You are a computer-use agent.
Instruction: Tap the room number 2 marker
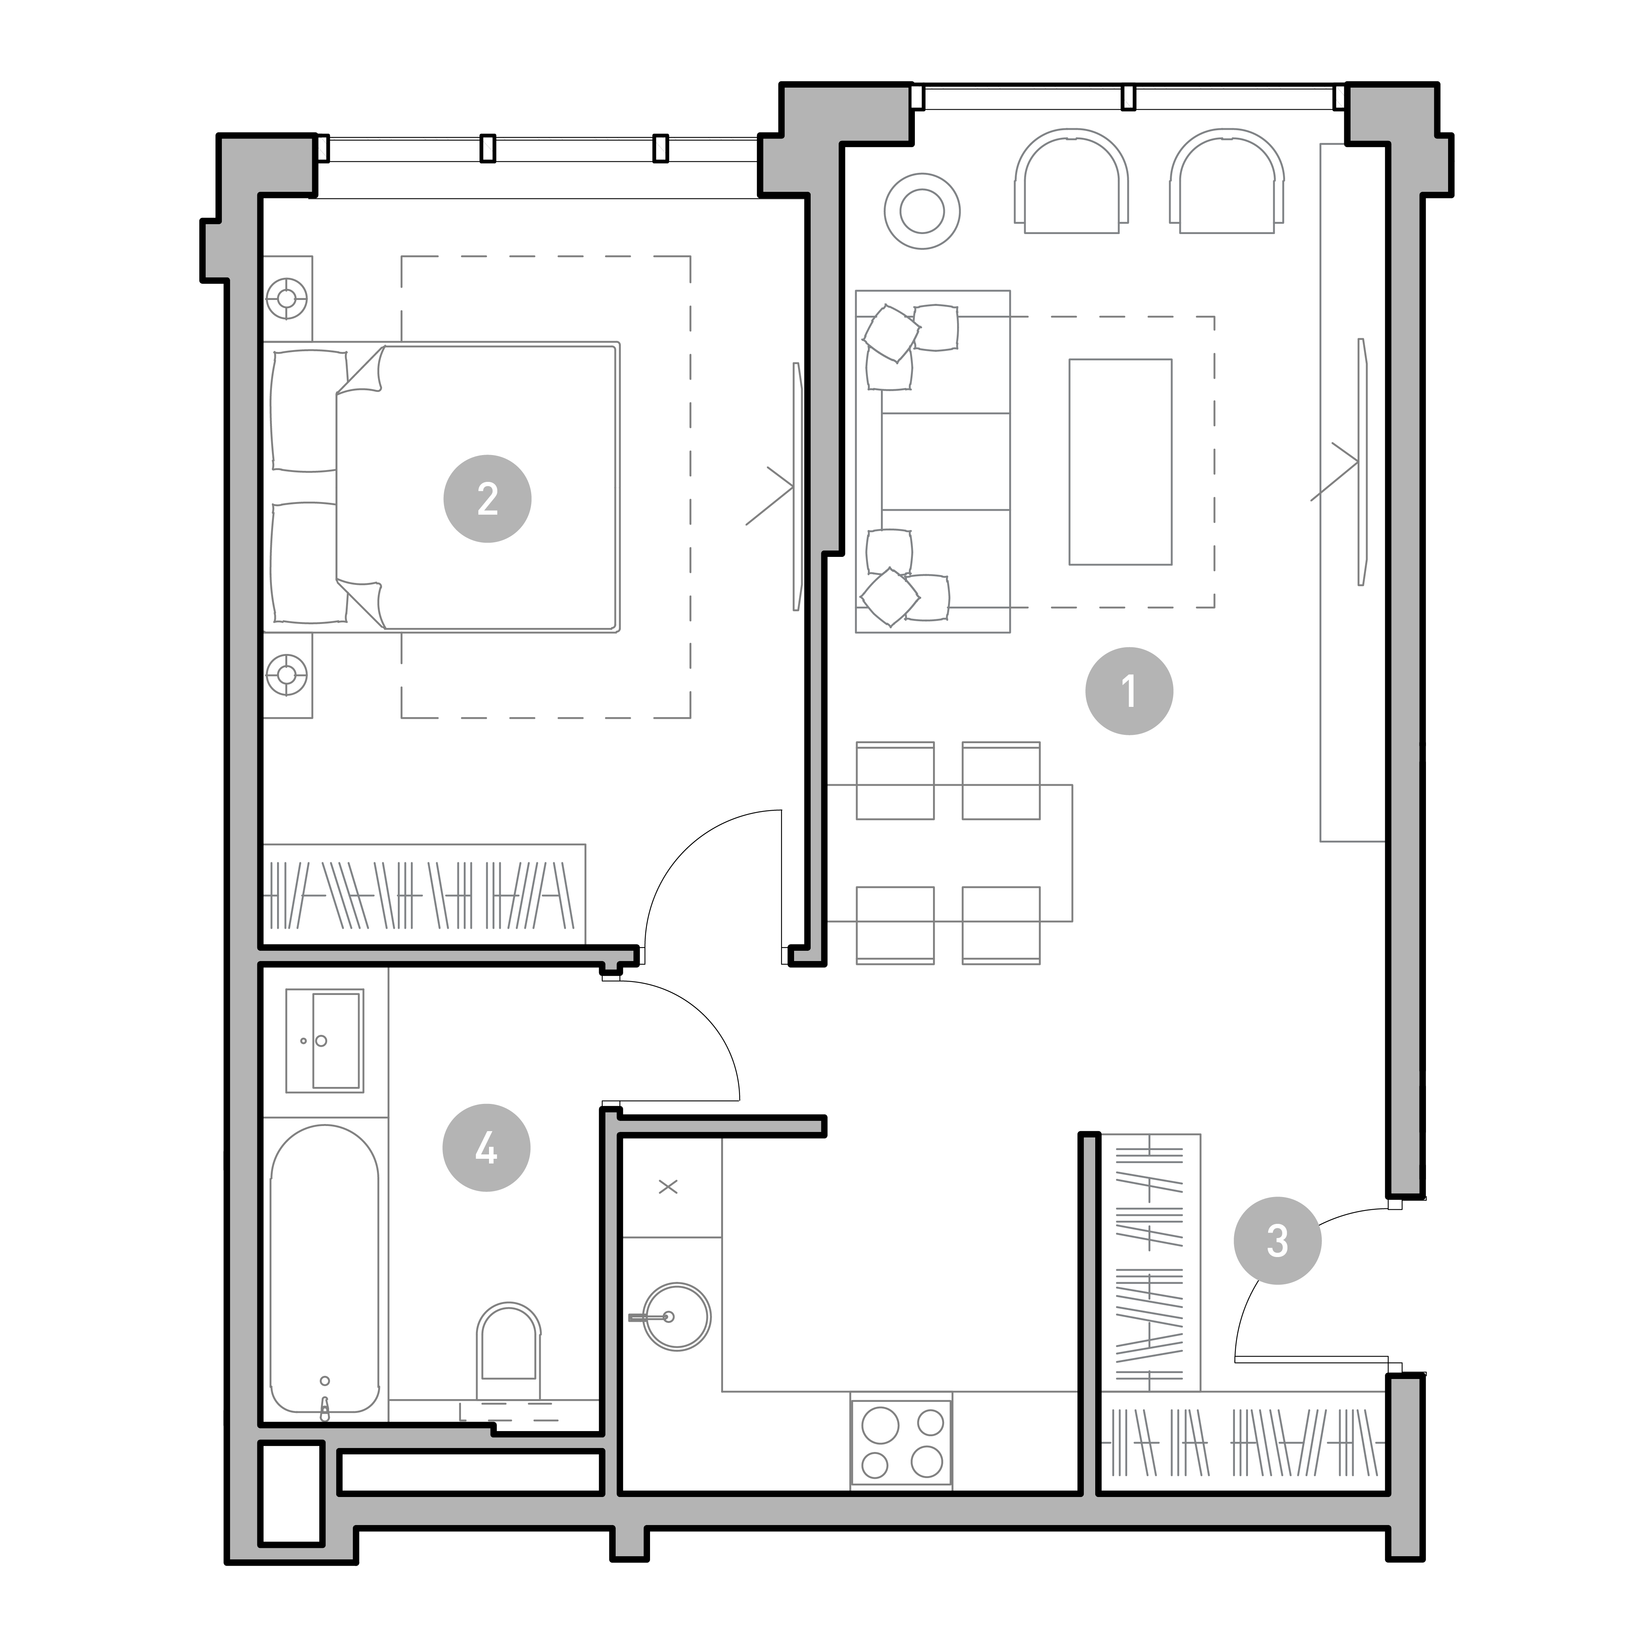pyautogui.click(x=487, y=499)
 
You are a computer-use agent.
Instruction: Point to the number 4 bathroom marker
pyautogui.click(x=486, y=1148)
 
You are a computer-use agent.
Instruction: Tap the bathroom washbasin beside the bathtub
pyautogui.click(x=324, y=1040)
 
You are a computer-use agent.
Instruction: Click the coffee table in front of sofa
pyautogui.click(x=1120, y=461)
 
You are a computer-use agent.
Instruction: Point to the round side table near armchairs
pyautogui.click(x=922, y=211)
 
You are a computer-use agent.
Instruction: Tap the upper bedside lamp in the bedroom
pyautogui.click(x=287, y=298)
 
